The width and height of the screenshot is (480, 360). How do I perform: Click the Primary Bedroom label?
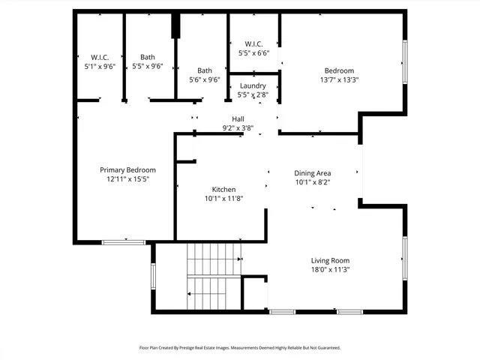(128, 170)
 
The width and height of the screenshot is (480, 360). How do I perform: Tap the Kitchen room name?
(223, 190)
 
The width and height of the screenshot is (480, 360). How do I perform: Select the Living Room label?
(331, 260)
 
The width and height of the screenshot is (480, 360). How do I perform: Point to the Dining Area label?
(312, 173)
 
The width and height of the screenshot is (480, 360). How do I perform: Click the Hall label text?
(238, 119)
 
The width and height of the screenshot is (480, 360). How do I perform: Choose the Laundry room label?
(253, 86)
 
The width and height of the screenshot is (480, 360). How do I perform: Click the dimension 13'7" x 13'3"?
(339, 79)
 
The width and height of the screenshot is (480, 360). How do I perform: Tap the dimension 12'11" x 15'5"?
(128, 179)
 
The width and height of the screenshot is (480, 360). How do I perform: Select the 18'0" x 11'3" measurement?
(331, 269)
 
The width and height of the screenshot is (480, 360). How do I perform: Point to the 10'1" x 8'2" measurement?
(312, 182)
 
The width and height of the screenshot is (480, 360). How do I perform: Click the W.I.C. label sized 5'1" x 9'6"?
(100, 57)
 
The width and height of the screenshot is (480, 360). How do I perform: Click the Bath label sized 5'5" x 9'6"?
(147, 57)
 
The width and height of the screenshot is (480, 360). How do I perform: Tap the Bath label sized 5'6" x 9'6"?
(204, 71)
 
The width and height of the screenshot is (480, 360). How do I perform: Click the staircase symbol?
(213, 277)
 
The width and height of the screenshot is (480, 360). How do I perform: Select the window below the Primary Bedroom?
(124, 241)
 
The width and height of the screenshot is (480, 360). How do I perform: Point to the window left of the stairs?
(153, 275)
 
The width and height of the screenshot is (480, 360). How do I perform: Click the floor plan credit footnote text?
(240, 348)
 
